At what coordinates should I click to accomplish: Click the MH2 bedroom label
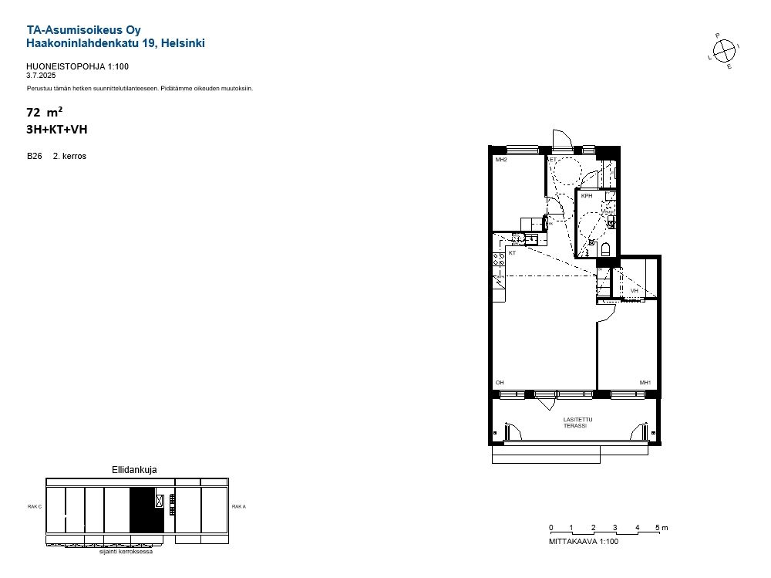pos(501,160)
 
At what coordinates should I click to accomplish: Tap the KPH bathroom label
pos(587,196)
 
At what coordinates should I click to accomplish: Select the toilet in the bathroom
pos(605,249)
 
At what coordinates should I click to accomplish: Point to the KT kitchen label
pos(512,253)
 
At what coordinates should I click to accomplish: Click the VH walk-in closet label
pos(635,291)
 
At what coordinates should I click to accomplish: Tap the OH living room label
pos(500,383)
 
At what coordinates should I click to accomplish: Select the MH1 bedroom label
pos(645,383)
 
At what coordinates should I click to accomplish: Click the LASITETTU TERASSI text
pos(577,423)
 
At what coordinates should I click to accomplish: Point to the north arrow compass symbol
pos(724,51)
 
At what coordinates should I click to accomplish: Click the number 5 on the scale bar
pos(658,528)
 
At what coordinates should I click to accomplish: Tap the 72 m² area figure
pos(44,112)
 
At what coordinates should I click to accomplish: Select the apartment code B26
pos(35,156)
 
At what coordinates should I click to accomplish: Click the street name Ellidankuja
pos(134,470)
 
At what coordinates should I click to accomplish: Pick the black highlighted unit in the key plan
pos(146,510)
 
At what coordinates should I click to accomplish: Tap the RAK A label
pos(239,506)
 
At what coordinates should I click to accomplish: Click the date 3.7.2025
pos(41,76)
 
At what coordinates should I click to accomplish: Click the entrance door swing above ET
pos(562,138)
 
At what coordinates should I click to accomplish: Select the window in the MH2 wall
pos(523,149)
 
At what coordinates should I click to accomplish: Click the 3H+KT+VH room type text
pos(56,130)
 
